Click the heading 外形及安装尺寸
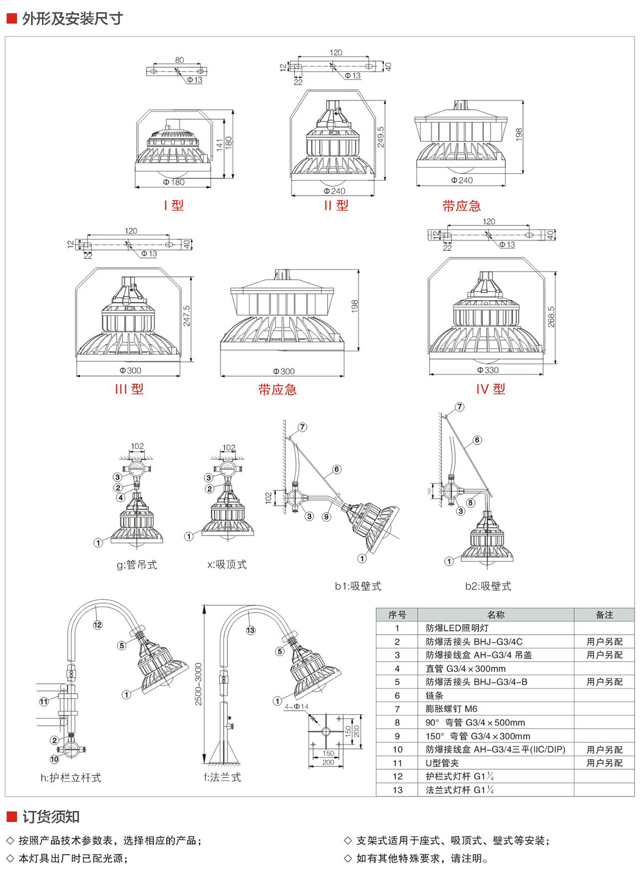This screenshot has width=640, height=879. (x=72, y=19)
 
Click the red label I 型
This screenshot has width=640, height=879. (x=173, y=205)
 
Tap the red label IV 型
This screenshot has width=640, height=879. (x=490, y=389)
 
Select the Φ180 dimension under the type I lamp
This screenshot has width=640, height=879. (x=174, y=182)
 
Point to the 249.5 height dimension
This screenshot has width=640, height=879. (x=381, y=137)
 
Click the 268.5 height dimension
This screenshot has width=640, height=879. (x=551, y=317)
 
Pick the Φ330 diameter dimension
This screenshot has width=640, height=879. (x=488, y=370)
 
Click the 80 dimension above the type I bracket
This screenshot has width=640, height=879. (x=179, y=60)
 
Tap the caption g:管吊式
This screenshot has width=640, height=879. (x=137, y=565)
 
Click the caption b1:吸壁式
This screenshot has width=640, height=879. (x=358, y=586)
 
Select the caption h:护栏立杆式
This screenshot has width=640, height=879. (x=71, y=778)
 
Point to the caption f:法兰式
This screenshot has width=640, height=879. (x=222, y=778)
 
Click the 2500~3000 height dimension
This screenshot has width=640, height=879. (x=199, y=684)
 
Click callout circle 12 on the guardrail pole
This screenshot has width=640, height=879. (x=98, y=625)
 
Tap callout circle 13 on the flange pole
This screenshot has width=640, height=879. (x=250, y=630)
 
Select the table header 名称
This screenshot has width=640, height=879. (x=495, y=615)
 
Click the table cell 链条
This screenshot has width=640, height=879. (x=434, y=695)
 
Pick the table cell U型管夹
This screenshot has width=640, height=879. (x=442, y=763)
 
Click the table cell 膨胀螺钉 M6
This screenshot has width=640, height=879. (x=451, y=709)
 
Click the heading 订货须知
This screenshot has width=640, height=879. (x=51, y=817)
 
